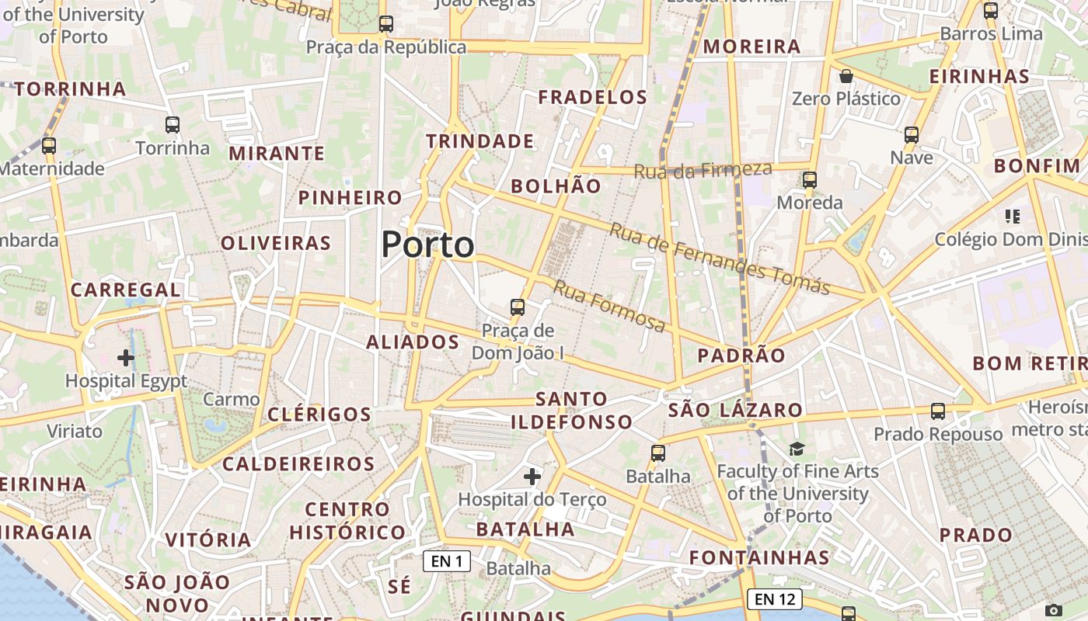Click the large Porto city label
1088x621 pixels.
pos(427,245)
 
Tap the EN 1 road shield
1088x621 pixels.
pos(447,561)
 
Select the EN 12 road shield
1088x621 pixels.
pos(774,598)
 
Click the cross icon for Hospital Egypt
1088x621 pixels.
pos(126,358)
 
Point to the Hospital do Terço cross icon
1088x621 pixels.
pos(532,476)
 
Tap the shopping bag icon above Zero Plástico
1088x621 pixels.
pos(846,76)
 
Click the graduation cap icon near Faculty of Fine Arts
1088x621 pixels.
pos(797,449)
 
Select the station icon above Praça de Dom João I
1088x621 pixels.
pos(518,307)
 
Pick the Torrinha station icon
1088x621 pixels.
pos(173,125)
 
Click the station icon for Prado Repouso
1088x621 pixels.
pos(938,411)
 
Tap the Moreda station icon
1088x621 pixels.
pos(810,180)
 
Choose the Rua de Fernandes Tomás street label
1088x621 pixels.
pos(720,258)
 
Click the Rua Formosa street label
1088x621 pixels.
pos(609,306)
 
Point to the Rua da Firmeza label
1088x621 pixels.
pos(703,170)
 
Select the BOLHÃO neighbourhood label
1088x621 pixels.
pos(556,186)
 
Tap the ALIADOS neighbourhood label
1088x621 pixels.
pos(413,342)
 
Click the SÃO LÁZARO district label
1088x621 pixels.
pos(735,410)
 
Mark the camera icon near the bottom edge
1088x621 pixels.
pos(1054,610)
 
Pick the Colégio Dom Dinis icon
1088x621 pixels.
pos(1012,216)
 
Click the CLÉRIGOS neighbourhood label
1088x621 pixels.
pos(319,415)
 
